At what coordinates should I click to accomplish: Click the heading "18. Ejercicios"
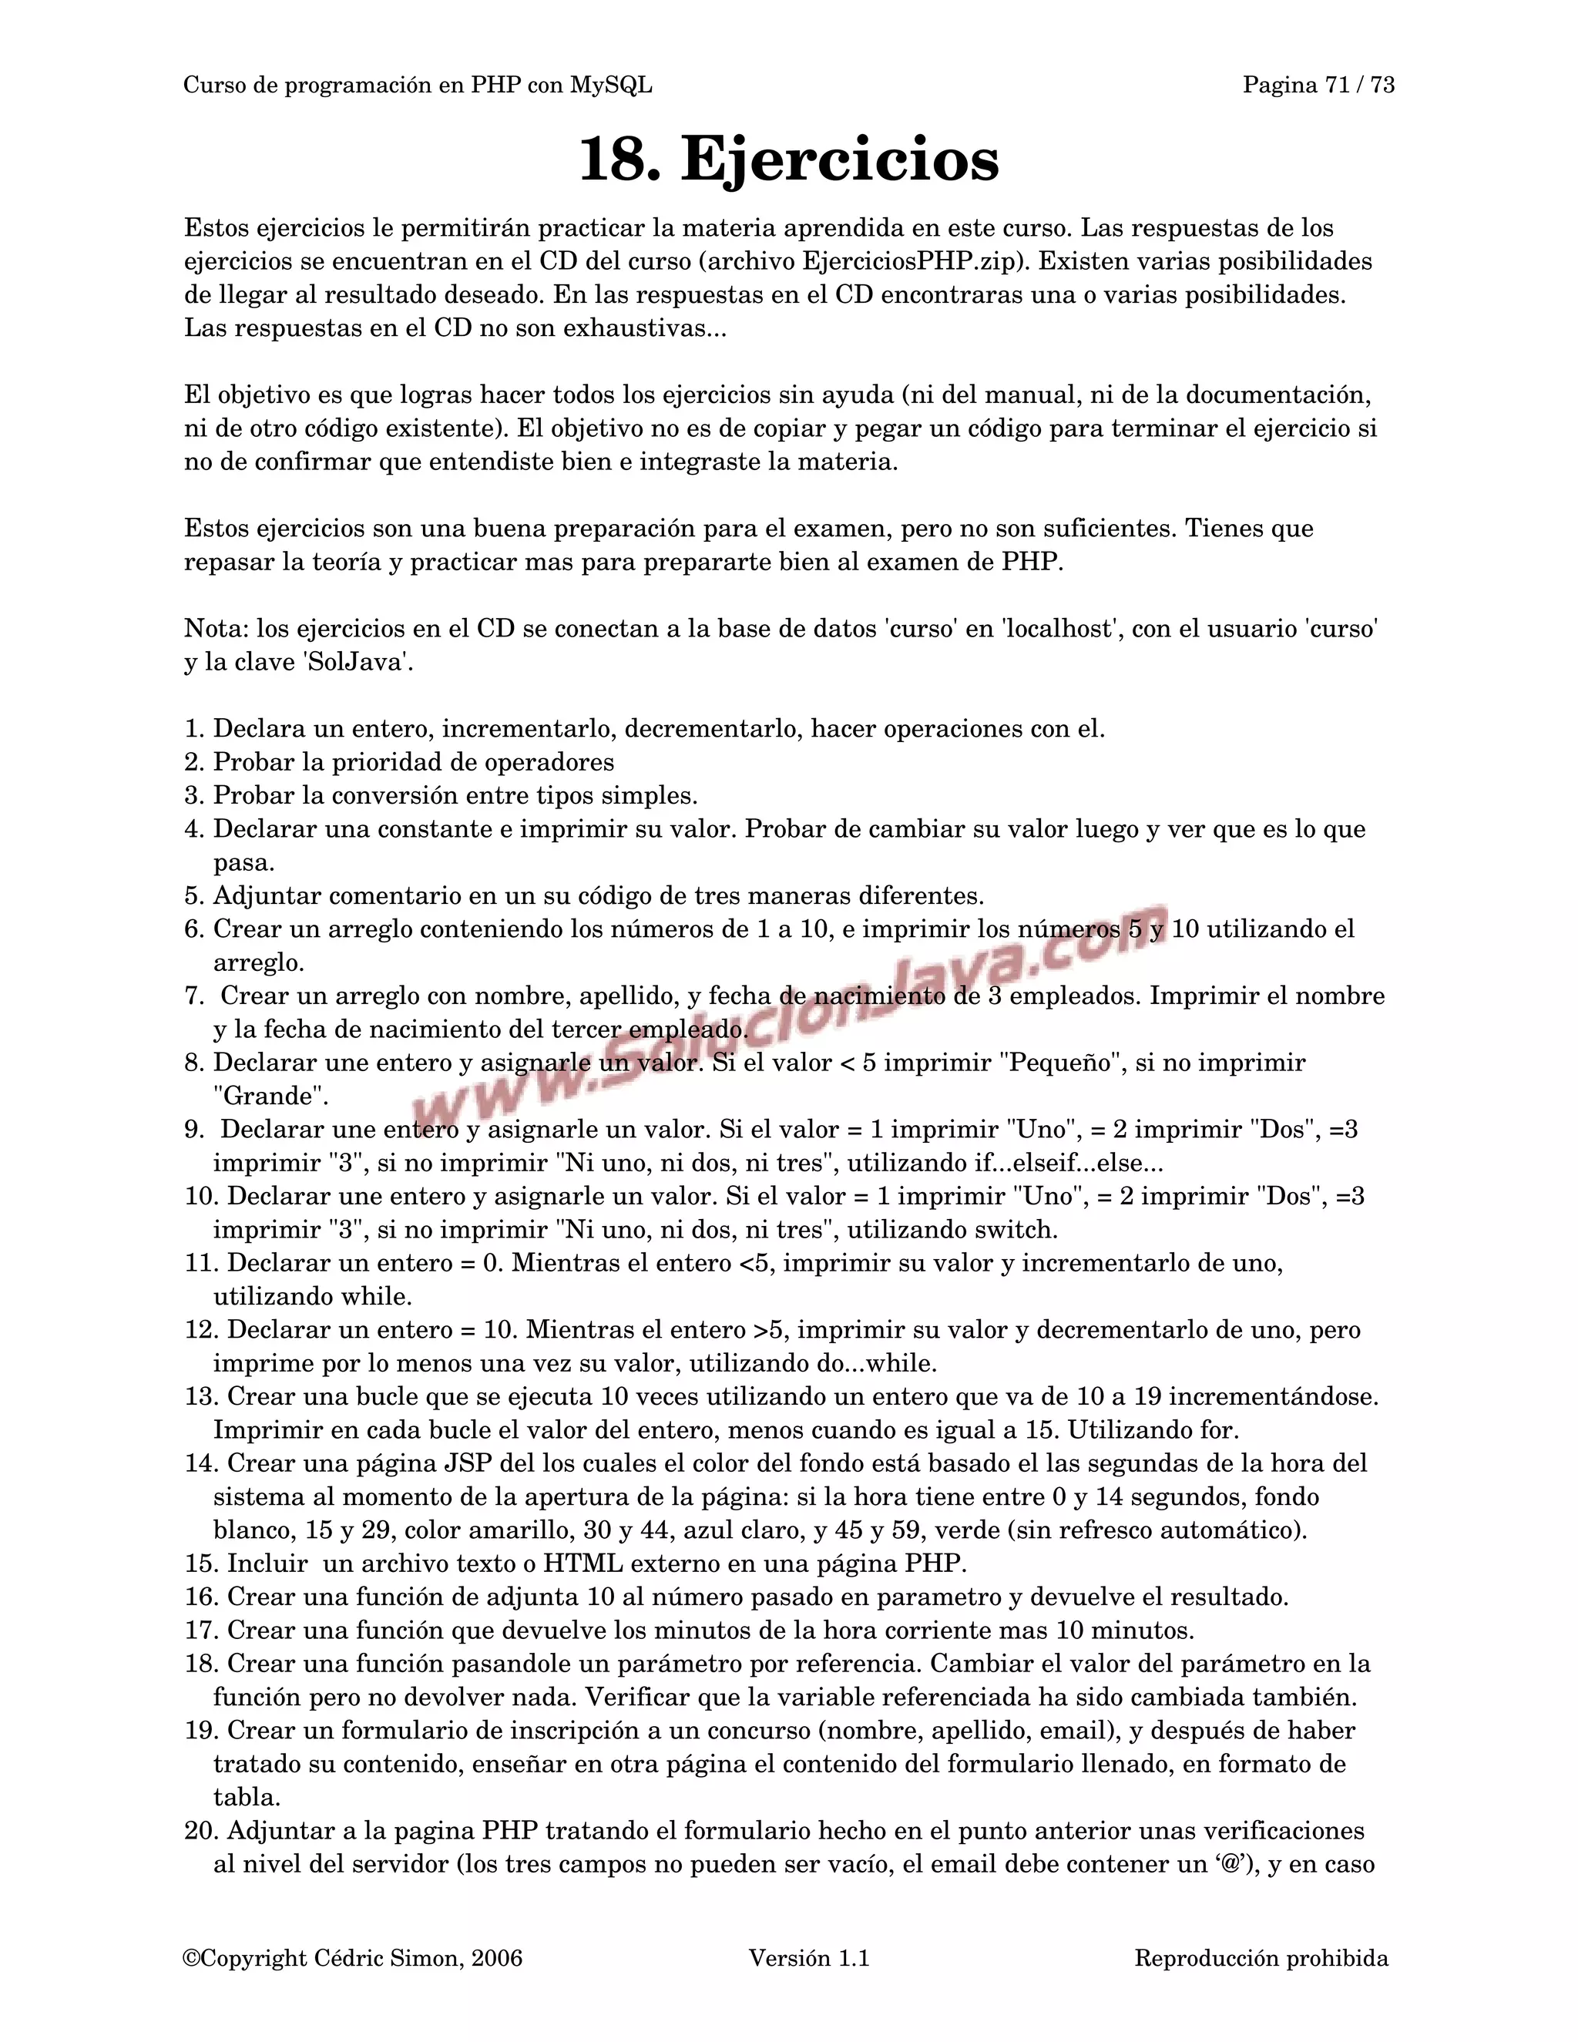tap(788, 160)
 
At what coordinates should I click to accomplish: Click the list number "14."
tap(201, 1463)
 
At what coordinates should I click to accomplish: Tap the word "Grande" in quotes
tap(270, 1096)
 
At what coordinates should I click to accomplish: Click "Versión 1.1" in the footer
tap(808, 1958)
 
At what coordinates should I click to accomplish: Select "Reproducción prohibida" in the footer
tap(1261, 1958)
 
